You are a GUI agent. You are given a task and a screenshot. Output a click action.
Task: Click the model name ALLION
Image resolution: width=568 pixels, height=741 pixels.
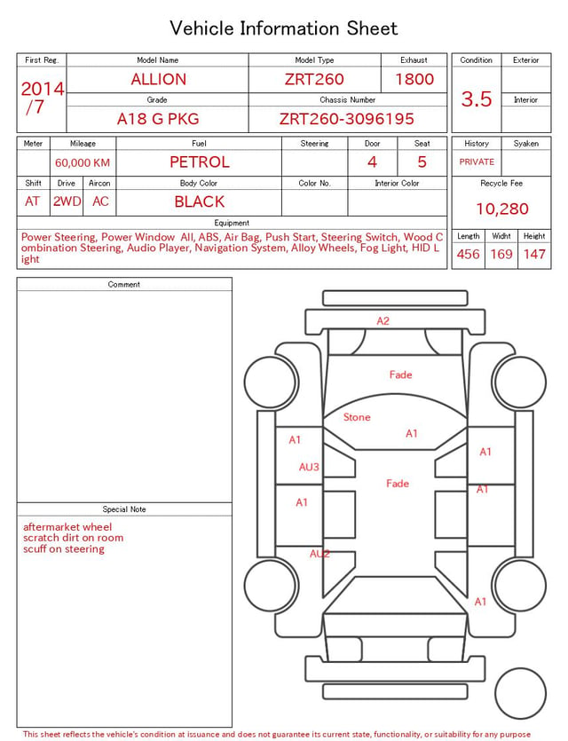click(158, 79)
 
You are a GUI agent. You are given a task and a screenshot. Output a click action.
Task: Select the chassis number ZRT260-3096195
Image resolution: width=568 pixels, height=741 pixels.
click(347, 119)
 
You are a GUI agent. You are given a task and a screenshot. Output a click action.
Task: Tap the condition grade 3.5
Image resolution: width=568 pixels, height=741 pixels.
click(477, 99)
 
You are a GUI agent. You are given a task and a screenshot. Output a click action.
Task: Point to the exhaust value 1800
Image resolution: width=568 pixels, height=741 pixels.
click(414, 79)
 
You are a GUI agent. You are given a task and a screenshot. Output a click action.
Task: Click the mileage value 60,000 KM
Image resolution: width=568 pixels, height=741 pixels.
click(83, 163)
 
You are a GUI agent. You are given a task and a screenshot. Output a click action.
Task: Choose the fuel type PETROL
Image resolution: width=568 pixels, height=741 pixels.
click(200, 162)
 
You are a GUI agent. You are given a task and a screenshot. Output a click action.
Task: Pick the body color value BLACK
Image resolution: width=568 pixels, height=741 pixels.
click(200, 201)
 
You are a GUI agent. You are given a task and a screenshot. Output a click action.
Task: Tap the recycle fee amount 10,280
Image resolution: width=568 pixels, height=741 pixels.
click(501, 209)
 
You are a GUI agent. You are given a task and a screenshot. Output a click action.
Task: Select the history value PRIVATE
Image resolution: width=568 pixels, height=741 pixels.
click(477, 162)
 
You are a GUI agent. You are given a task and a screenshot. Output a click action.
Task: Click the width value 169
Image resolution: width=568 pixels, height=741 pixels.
click(501, 254)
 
